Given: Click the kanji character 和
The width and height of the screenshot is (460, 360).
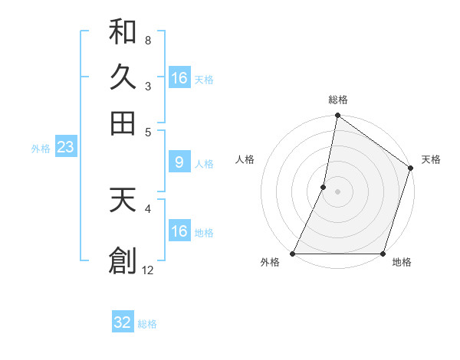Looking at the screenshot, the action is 123,31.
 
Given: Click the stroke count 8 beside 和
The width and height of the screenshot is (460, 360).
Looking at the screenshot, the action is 147,39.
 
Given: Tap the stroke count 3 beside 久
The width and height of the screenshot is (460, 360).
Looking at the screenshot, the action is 147,85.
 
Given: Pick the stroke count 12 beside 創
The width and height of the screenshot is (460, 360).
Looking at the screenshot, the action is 148,270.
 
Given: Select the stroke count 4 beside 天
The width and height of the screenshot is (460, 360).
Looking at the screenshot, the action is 147,208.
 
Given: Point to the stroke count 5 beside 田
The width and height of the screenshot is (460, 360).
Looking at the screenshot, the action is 147,131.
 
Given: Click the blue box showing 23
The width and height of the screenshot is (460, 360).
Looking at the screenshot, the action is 65,147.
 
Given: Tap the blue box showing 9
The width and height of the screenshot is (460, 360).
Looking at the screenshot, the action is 179,162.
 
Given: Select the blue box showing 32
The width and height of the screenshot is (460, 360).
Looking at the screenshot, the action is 123,322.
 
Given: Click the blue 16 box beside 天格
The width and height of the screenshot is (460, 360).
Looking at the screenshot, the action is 179,78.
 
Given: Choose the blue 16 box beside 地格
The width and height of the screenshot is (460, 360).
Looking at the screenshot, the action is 179,231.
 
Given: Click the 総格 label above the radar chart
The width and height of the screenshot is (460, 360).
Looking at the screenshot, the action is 338,100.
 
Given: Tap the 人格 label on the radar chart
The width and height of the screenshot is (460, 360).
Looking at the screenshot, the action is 245,159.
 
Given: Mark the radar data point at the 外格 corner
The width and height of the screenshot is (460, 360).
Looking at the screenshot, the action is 293,254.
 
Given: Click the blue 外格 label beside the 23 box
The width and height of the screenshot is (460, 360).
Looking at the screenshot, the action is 40,149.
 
